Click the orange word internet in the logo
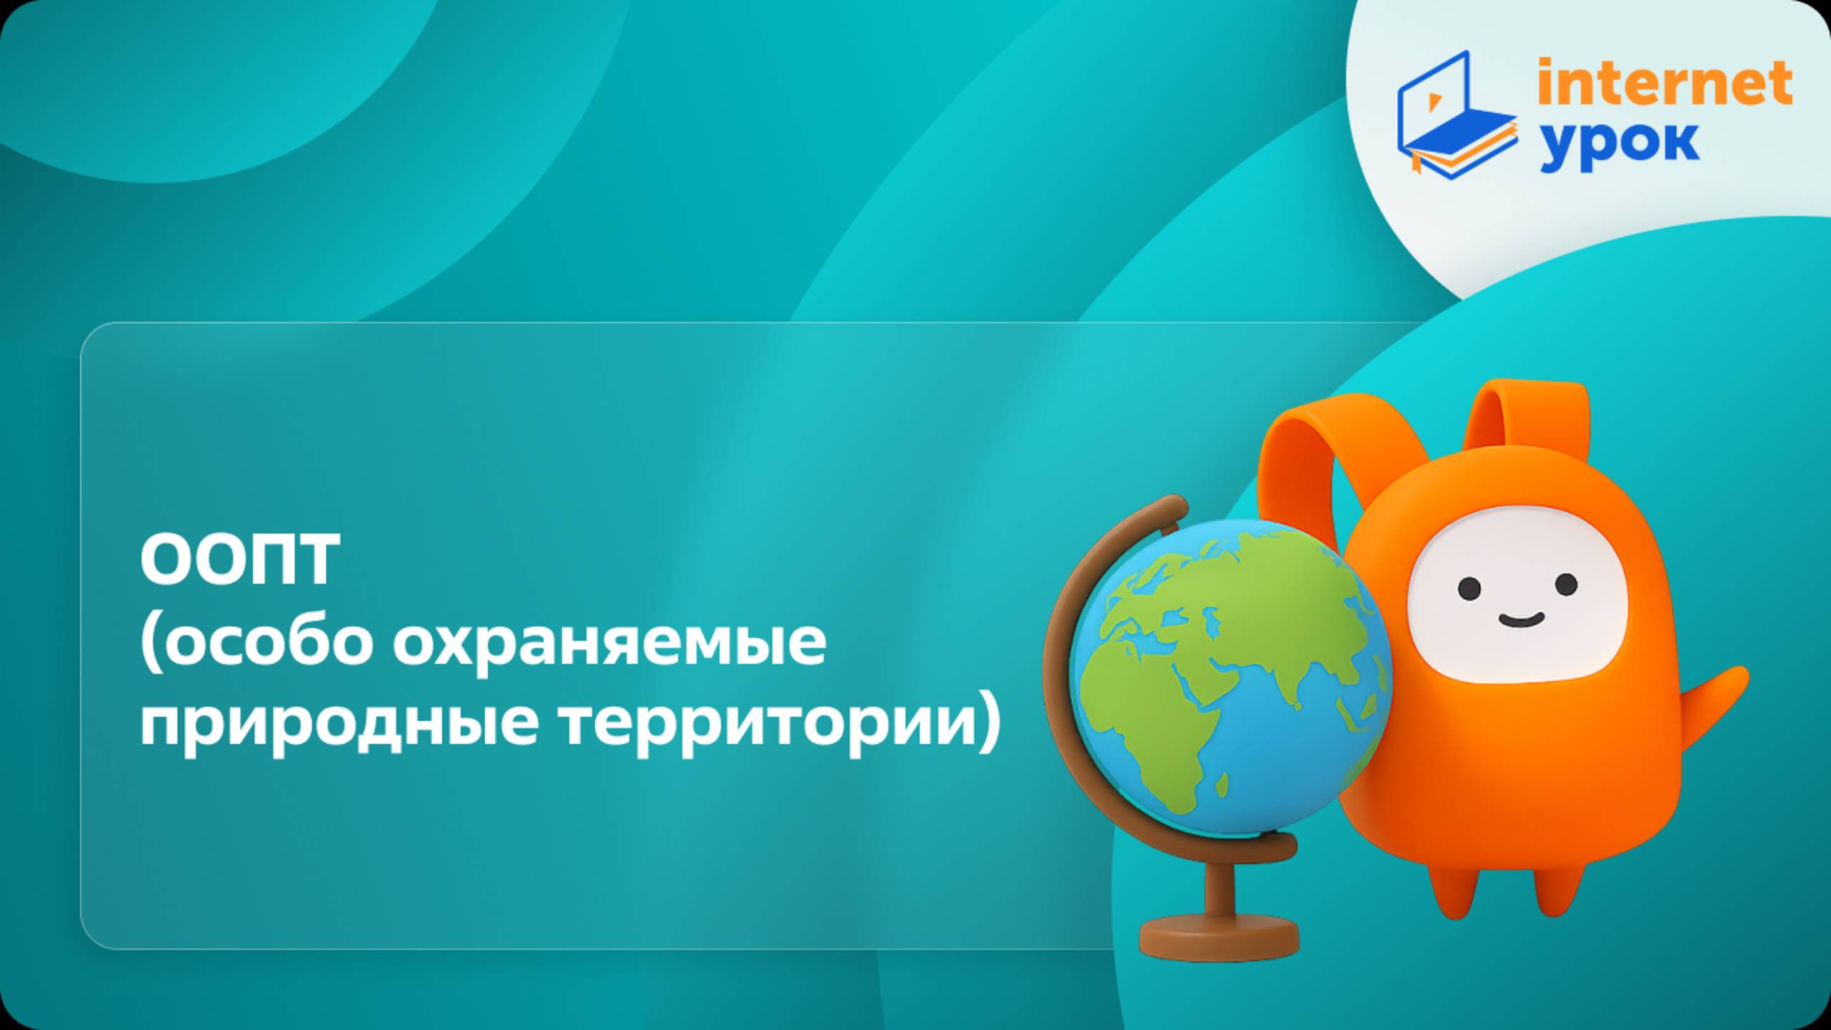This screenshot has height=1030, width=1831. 1664,84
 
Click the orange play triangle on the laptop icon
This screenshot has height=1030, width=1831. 1433,103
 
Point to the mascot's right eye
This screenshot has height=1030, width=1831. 1566,585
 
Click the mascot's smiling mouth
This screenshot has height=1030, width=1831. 1520,619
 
